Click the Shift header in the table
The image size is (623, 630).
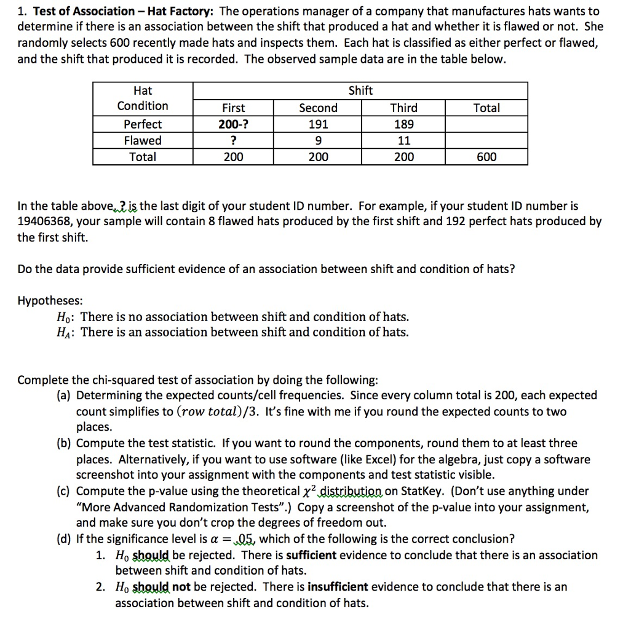360,91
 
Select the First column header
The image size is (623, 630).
233,108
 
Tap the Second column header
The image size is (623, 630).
318,108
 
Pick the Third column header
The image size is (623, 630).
403,108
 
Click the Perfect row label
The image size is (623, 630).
143,124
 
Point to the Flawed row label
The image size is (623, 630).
143,141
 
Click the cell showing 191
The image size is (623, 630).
318,124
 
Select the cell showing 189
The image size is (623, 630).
403,124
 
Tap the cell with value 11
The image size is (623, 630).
403,141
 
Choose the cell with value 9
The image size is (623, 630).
318,141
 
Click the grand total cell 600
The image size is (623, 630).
486,157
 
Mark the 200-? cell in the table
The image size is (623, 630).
233,124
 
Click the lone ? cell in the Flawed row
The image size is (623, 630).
233,141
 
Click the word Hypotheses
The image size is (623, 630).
50,301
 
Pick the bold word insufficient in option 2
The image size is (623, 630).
338,587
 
